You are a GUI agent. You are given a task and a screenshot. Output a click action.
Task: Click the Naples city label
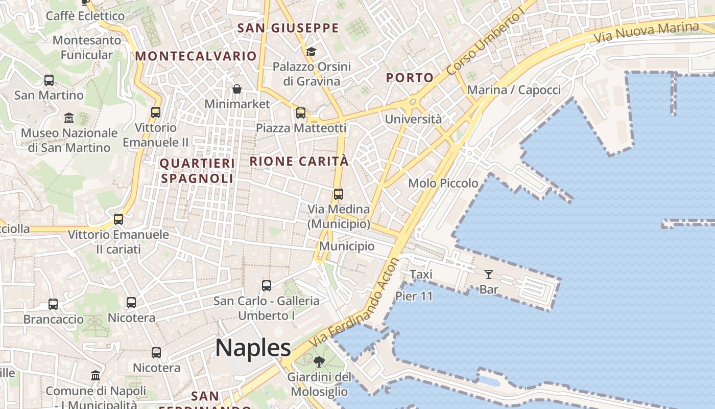[253, 348]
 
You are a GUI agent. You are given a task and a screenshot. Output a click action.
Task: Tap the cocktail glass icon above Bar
[489, 275]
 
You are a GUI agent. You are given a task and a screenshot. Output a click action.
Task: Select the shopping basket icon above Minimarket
[237, 89]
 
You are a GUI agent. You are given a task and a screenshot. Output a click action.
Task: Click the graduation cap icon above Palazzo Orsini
[311, 52]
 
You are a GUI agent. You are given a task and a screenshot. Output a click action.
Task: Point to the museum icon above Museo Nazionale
[69, 118]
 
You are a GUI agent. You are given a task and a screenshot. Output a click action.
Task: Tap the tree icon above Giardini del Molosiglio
[319, 362]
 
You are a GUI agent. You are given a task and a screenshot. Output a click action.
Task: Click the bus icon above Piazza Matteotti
[301, 113]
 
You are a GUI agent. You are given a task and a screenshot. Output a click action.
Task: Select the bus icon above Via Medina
[339, 194]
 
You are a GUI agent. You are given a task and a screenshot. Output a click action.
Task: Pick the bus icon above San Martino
[49, 80]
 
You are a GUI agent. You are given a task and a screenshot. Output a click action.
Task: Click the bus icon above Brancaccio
[53, 304]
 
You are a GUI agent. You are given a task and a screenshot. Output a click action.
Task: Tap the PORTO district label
[410, 78]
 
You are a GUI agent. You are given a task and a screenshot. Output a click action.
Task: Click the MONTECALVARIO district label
[196, 56]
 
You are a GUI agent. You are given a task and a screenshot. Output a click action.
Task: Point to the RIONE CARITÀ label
[299, 162]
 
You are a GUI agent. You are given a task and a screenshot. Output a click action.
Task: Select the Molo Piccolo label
[443, 183]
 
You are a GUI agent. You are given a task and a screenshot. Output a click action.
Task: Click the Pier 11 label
[414, 296]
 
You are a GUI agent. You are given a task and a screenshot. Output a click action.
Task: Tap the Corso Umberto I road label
[486, 43]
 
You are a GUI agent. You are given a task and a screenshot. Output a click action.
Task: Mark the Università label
[413, 119]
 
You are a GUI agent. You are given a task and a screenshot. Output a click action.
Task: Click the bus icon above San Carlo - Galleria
[267, 286]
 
